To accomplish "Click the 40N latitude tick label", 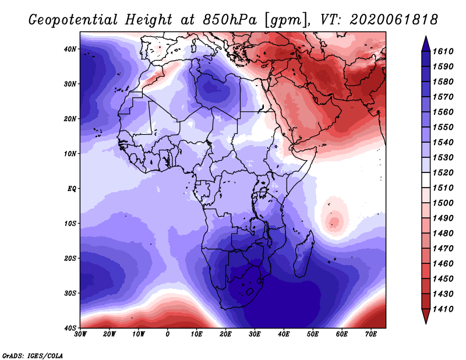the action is click(70, 49).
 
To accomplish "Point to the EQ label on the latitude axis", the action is click(72, 189).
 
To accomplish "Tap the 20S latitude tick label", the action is click(70, 258).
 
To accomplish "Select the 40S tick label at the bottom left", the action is click(70, 328).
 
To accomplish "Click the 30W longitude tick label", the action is click(80, 334).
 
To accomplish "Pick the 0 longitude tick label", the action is click(168, 334).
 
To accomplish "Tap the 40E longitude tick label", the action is click(284, 334).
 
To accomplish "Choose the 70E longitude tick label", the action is click(371, 334).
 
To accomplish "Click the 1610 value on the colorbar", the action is click(443, 51).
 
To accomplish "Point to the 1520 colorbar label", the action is click(443, 172).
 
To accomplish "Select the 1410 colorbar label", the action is click(443, 309).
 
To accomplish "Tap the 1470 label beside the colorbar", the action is click(443, 249).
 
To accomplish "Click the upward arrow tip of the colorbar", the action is click(426, 37).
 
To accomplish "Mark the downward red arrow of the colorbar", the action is click(426, 316).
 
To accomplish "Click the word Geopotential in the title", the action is click(73, 20).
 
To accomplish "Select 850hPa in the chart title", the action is click(230, 20).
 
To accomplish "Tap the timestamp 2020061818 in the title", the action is click(394, 20).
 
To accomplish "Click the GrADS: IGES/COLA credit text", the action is click(33, 355).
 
